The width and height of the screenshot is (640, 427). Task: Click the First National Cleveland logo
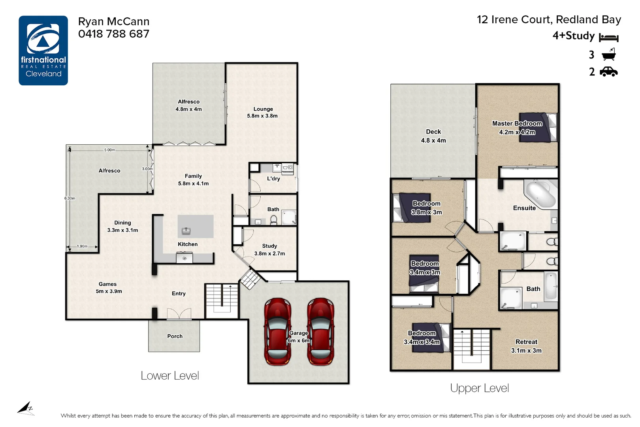(x=43, y=50)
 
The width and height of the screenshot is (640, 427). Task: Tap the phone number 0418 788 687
(x=114, y=34)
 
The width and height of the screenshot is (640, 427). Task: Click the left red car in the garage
(x=278, y=331)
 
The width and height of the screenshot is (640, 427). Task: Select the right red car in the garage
(x=321, y=331)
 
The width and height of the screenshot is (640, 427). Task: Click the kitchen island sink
(x=186, y=231)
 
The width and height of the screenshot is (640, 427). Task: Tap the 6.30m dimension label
(x=70, y=198)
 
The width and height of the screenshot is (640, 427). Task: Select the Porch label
(x=175, y=336)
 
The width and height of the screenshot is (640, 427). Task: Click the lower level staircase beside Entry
(x=222, y=300)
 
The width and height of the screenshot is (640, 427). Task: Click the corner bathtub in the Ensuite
(x=540, y=194)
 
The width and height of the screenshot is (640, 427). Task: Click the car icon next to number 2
(x=608, y=72)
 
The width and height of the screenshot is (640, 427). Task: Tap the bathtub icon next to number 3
(x=608, y=55)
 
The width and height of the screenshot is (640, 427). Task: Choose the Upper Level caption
(x=479, y=388)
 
